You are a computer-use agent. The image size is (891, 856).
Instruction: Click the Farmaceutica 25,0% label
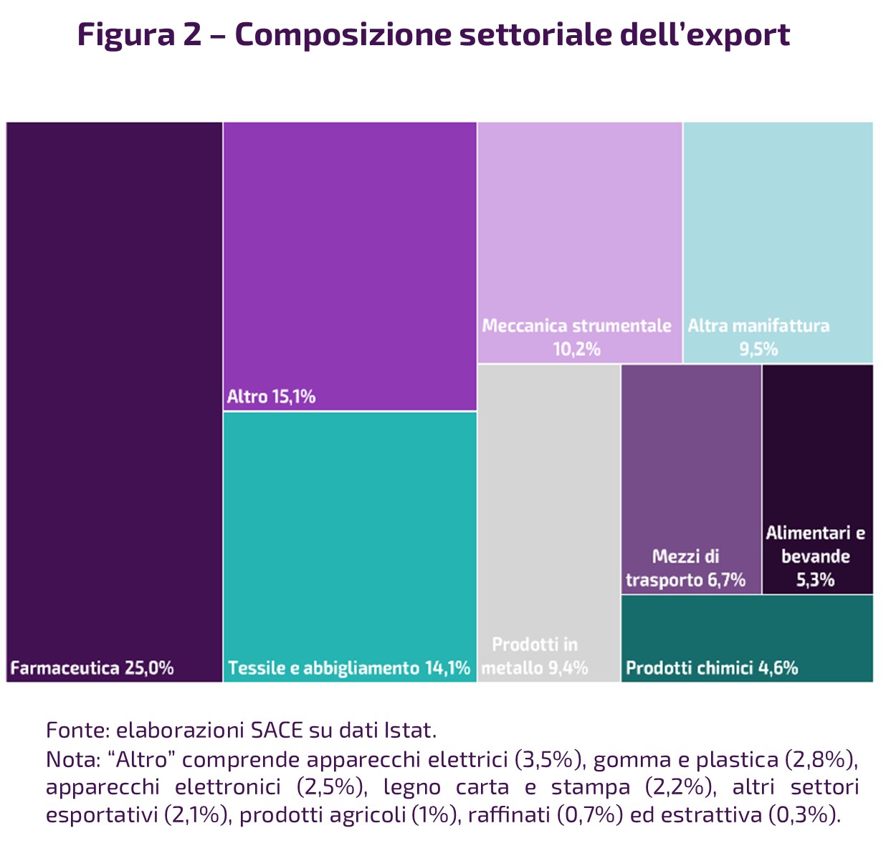tap(92, 668)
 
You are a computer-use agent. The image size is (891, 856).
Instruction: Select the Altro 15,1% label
tap(271, 396)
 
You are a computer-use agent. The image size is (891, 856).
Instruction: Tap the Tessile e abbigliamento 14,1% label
tap(349, 668)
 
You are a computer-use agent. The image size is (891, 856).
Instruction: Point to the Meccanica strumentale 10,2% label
tap(576, 337)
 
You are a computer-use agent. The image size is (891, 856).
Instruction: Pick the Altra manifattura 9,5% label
tap(758, 337)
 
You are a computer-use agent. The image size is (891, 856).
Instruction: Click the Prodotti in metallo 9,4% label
tap(535, 656)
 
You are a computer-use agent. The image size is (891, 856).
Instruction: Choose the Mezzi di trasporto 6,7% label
tap(685, 568)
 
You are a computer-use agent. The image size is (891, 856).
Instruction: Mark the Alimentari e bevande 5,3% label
tap(816, 556)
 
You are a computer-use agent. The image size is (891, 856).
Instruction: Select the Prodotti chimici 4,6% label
tap(712, 668)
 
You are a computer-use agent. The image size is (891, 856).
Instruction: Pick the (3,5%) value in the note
tap(550, 759)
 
